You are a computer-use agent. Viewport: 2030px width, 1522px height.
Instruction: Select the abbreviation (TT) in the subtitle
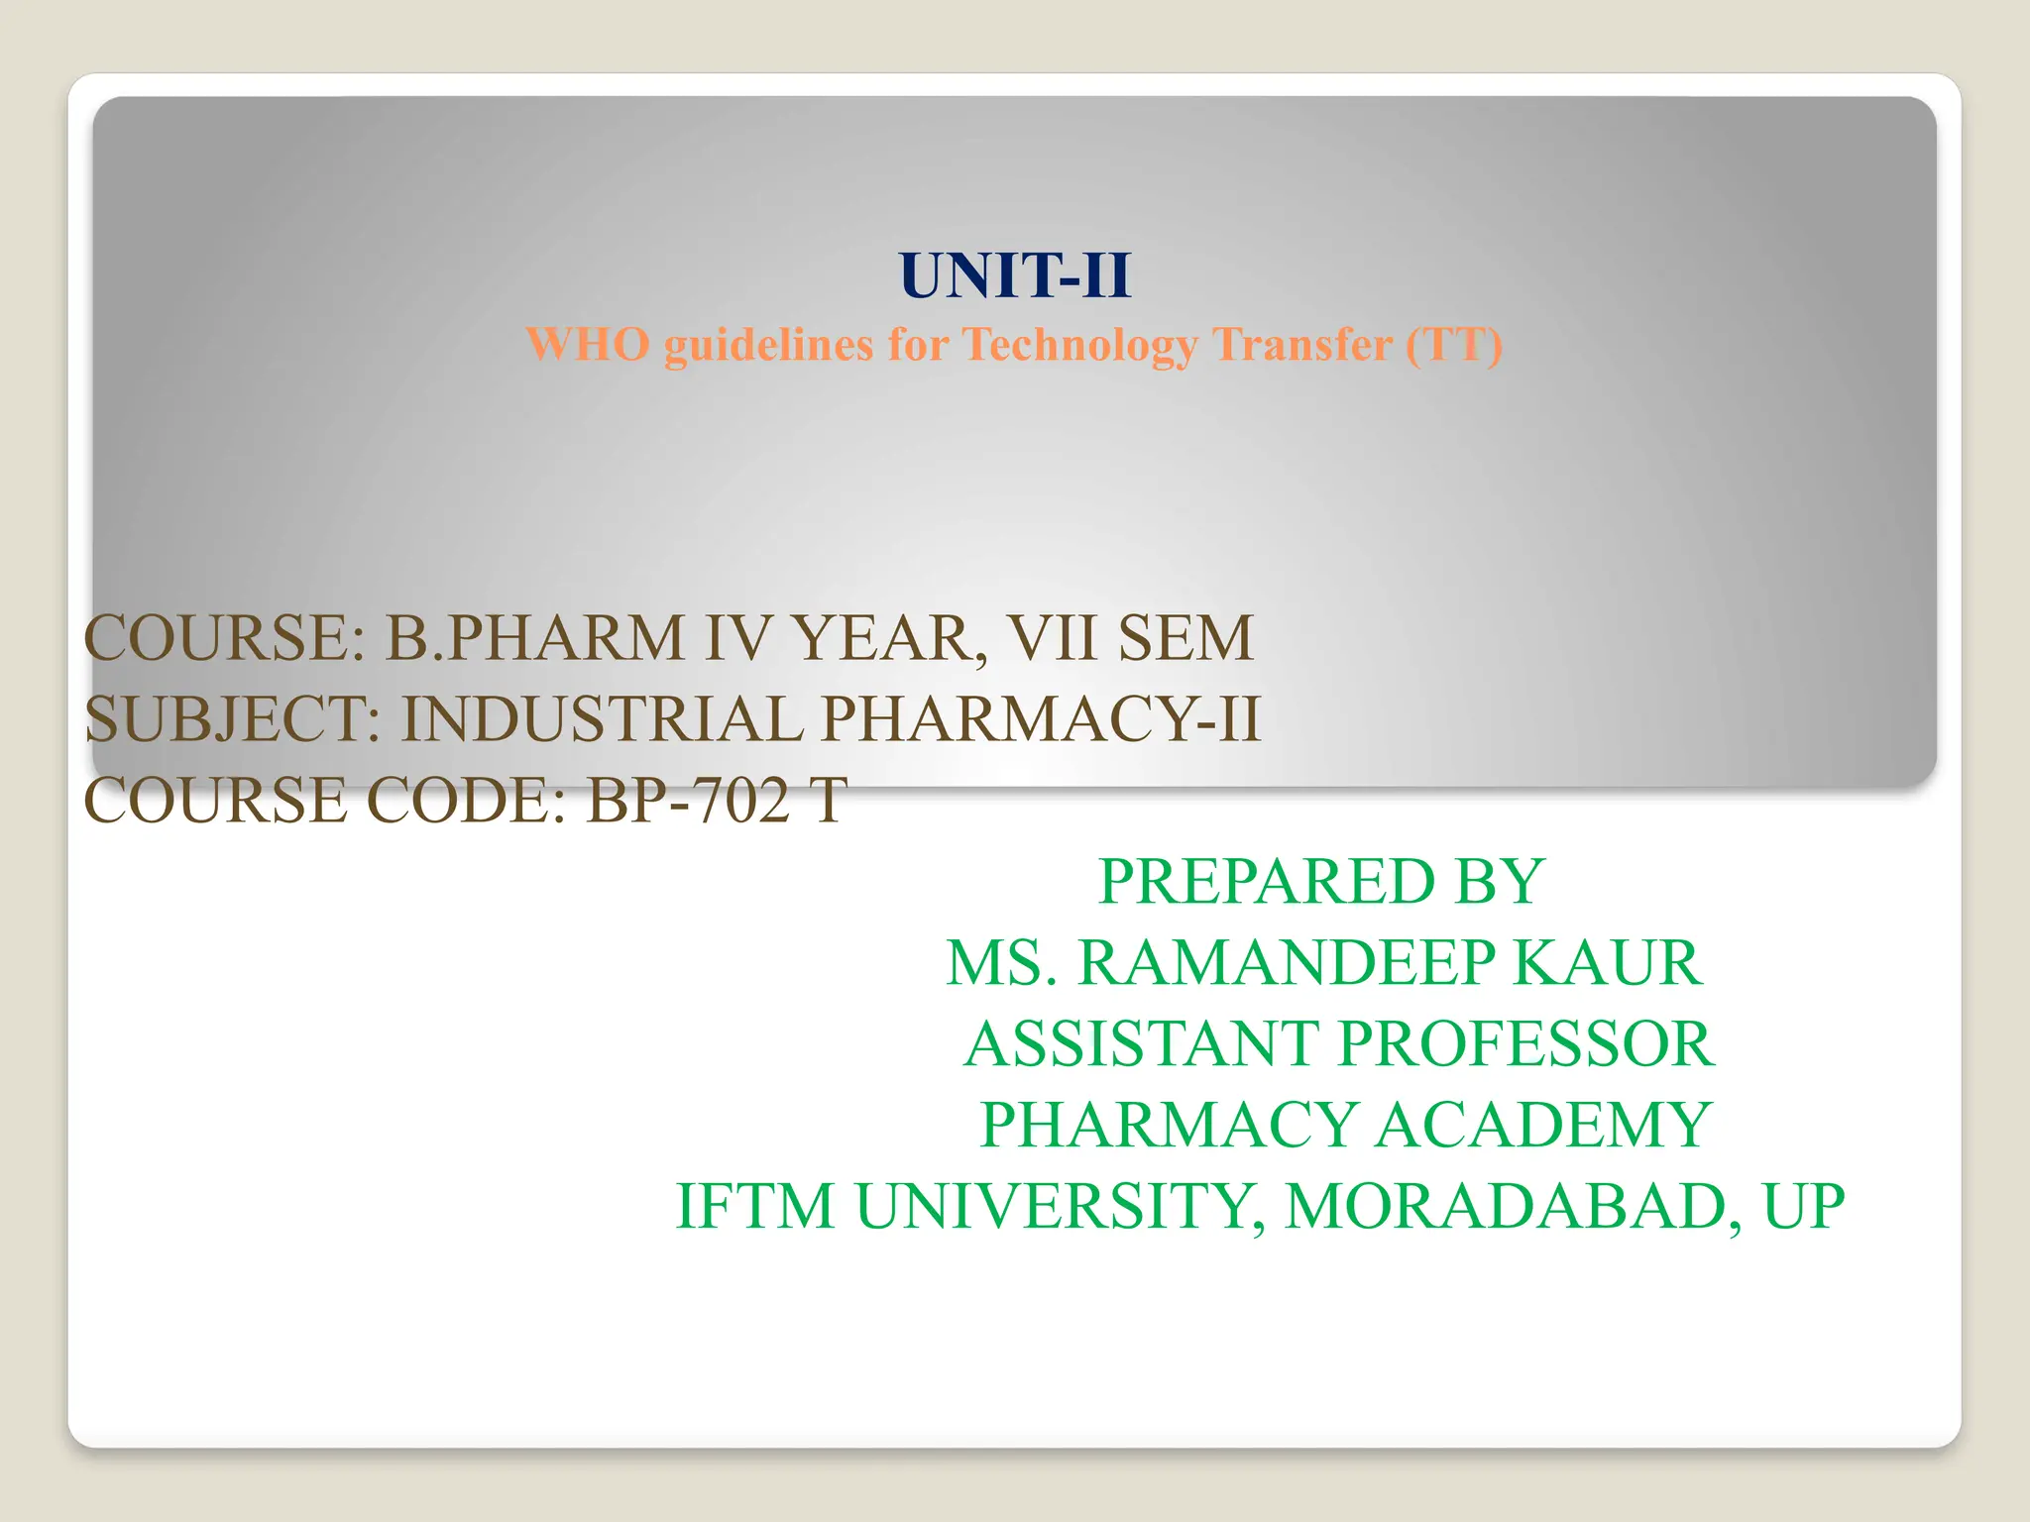click(x=1453, y=345)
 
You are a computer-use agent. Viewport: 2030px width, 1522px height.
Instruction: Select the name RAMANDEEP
click(x=1287, y=962)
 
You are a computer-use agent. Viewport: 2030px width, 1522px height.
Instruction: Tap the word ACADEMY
click(x=1543, y=1125)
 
